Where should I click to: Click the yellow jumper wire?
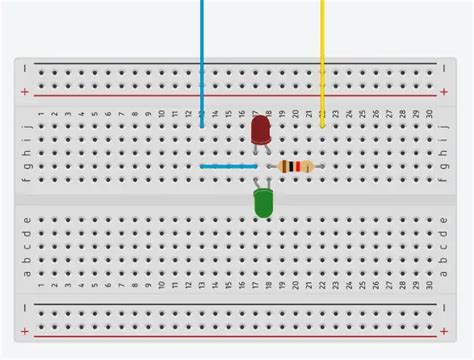point(322,60)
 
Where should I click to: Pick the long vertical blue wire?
point(202,60)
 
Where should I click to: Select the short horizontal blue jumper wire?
point(224,166)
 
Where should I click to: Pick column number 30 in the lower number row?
point(430,285)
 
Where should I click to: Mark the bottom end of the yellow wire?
point(322,126)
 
